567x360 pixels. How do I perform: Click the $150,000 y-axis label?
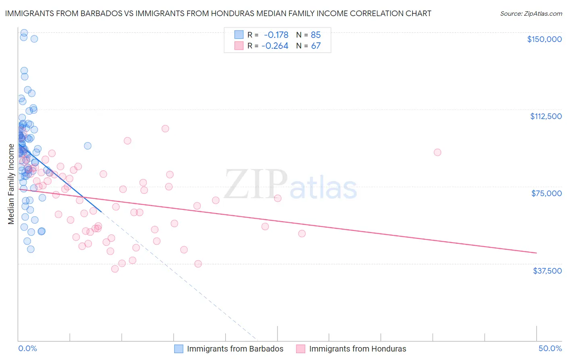[x=544, y=39]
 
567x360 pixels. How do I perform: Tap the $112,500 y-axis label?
[x=546, y=116]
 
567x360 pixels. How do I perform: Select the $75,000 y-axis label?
[x=546, y=193]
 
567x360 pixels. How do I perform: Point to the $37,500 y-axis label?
[x=547, y=270]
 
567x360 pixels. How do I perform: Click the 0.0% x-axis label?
[x=27, y=348]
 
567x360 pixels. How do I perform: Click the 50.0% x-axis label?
[x=550, y=348]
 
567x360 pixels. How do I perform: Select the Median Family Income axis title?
[x=11, y=184]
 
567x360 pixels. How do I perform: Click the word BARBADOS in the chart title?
[x=97, y=13]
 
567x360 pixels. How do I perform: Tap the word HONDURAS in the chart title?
[x=232, y=13]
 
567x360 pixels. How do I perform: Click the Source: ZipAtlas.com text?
[x=531, y=13]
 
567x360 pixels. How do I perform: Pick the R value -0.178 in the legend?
[x=276, y=35]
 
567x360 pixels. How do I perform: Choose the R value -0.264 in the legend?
[x=275, y=46]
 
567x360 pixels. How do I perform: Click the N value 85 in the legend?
[x=316, y=35]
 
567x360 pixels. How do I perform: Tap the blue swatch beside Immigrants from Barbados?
[x=179, y=349]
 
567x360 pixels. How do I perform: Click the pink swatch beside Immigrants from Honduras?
[x=300, y=349]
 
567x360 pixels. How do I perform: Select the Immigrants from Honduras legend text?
[x=357, y=349]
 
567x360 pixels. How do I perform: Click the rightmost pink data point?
[x=438, y=152]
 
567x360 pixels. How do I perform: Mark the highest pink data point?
[x=165, y=129]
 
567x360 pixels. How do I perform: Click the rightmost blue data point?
[x=88, y=146]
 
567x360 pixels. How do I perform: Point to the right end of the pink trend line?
[x=536, y=253]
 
